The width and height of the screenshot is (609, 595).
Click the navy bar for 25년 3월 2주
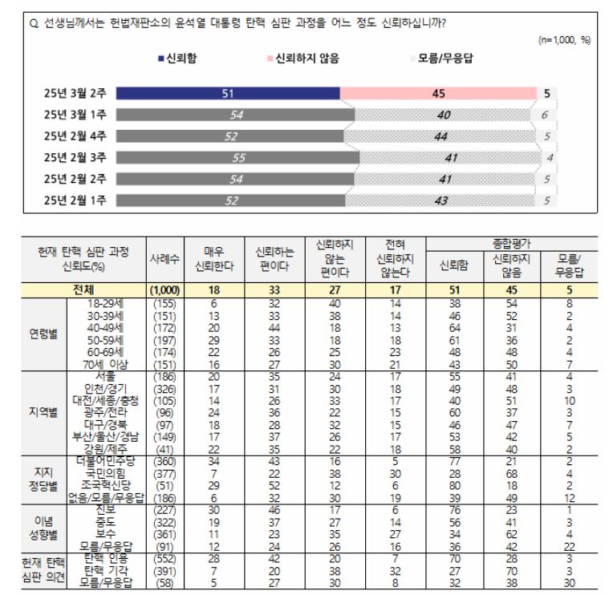[228, 94]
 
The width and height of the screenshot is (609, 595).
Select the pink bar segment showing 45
[438, 94]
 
